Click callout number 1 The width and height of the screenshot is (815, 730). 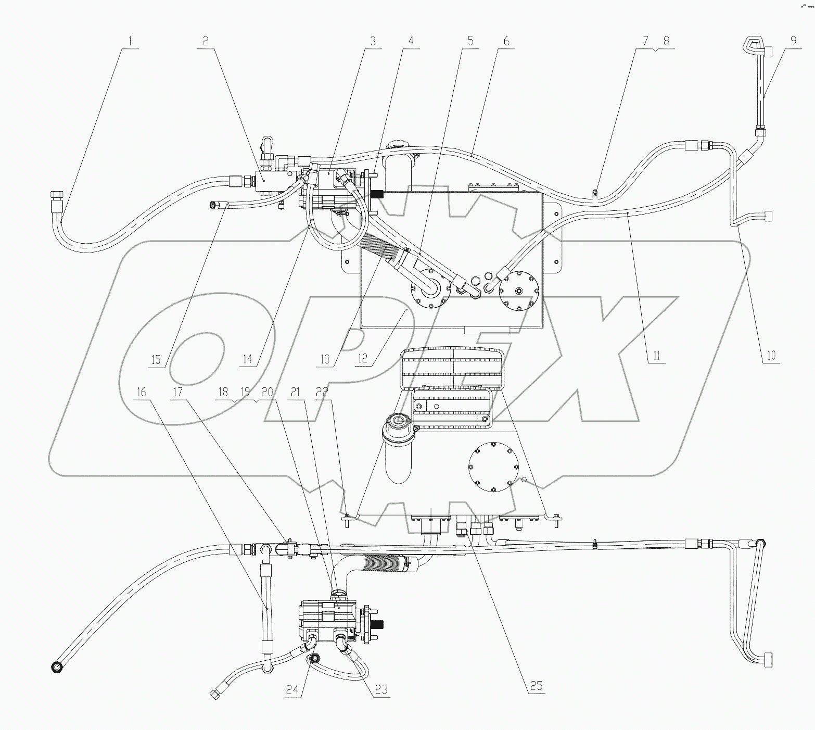coord(131,42)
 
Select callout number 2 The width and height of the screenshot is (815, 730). coord(206,42)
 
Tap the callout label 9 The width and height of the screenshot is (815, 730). coord(793,42)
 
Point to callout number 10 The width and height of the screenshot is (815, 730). coord(771,356)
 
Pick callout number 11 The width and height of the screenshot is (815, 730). coord(656,356)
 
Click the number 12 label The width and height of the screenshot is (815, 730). coord(363,359)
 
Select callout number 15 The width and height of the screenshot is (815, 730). coord(156,360)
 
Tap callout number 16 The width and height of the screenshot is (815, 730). coord(142,392)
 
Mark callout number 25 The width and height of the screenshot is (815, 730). coord(536,686)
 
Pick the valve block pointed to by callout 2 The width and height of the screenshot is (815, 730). coord(268,183)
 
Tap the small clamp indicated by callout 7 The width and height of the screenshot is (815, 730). coord(595,194)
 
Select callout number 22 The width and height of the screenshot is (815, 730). coord(322,392)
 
